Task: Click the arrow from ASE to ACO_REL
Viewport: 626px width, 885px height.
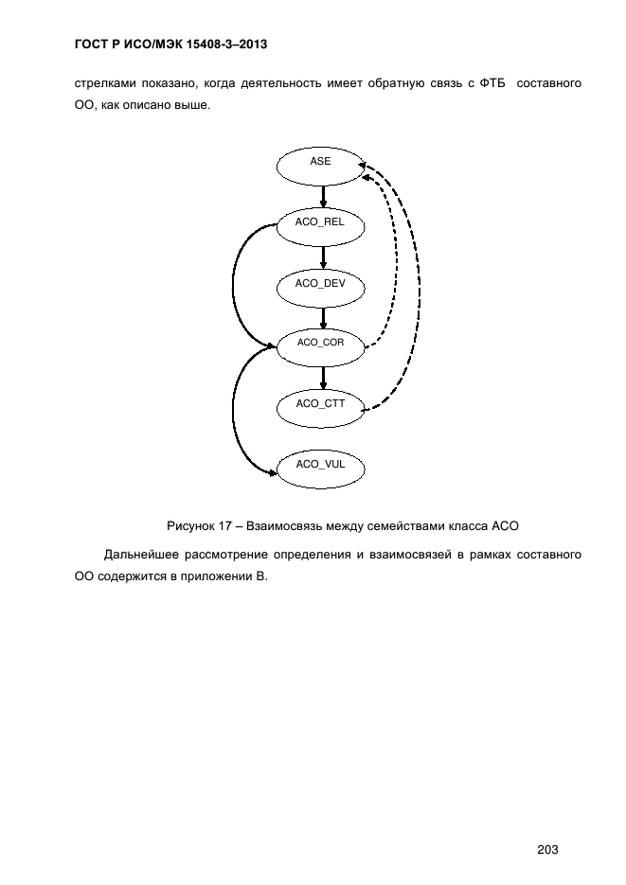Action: (324, 197)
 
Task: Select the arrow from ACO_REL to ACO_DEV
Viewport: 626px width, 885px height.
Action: (324, 257)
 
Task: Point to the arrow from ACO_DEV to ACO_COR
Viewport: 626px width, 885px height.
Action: (324, 318)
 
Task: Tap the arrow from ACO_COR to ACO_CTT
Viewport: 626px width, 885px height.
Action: (324, 379)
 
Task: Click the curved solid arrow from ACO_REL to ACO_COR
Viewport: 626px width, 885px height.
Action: (233, 284)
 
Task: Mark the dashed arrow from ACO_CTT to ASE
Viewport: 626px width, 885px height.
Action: (420, 282)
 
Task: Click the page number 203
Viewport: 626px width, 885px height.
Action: (547, 849)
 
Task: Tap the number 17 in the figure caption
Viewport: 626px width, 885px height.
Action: (224, 526)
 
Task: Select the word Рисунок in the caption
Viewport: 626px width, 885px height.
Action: (190, 526)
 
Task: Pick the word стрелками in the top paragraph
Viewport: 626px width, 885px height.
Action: (105, 83)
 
